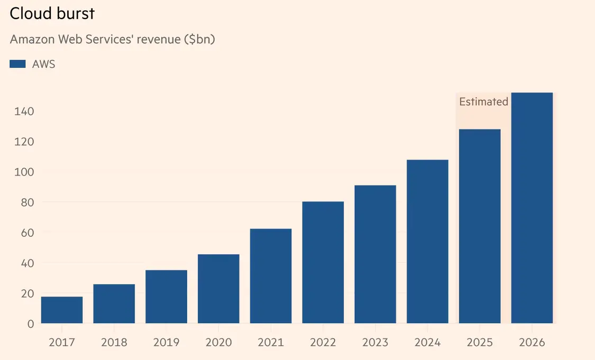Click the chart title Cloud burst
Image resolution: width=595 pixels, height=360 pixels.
(52, 14)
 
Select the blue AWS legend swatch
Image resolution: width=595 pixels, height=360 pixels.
(17, 64)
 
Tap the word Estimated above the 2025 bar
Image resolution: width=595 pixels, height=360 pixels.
(483, 102)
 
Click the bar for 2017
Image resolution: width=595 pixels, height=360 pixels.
(62, 310)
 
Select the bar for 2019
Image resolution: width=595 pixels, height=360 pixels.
(166, 297)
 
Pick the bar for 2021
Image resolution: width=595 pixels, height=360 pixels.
(271, 276)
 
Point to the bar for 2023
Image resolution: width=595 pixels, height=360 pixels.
(376, 254)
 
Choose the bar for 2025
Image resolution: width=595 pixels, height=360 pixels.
(480, 226)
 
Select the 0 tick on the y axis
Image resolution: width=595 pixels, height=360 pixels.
(30, 324)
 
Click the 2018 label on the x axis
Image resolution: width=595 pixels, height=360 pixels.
(114, 342)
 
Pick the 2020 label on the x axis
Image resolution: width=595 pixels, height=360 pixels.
(218, 342)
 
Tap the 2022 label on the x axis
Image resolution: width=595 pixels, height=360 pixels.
(323, 342)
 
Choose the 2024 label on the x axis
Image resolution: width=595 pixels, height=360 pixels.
(427, 342)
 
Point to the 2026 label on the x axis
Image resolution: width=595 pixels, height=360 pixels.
(532, 342)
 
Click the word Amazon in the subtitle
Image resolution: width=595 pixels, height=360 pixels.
(31, 40)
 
